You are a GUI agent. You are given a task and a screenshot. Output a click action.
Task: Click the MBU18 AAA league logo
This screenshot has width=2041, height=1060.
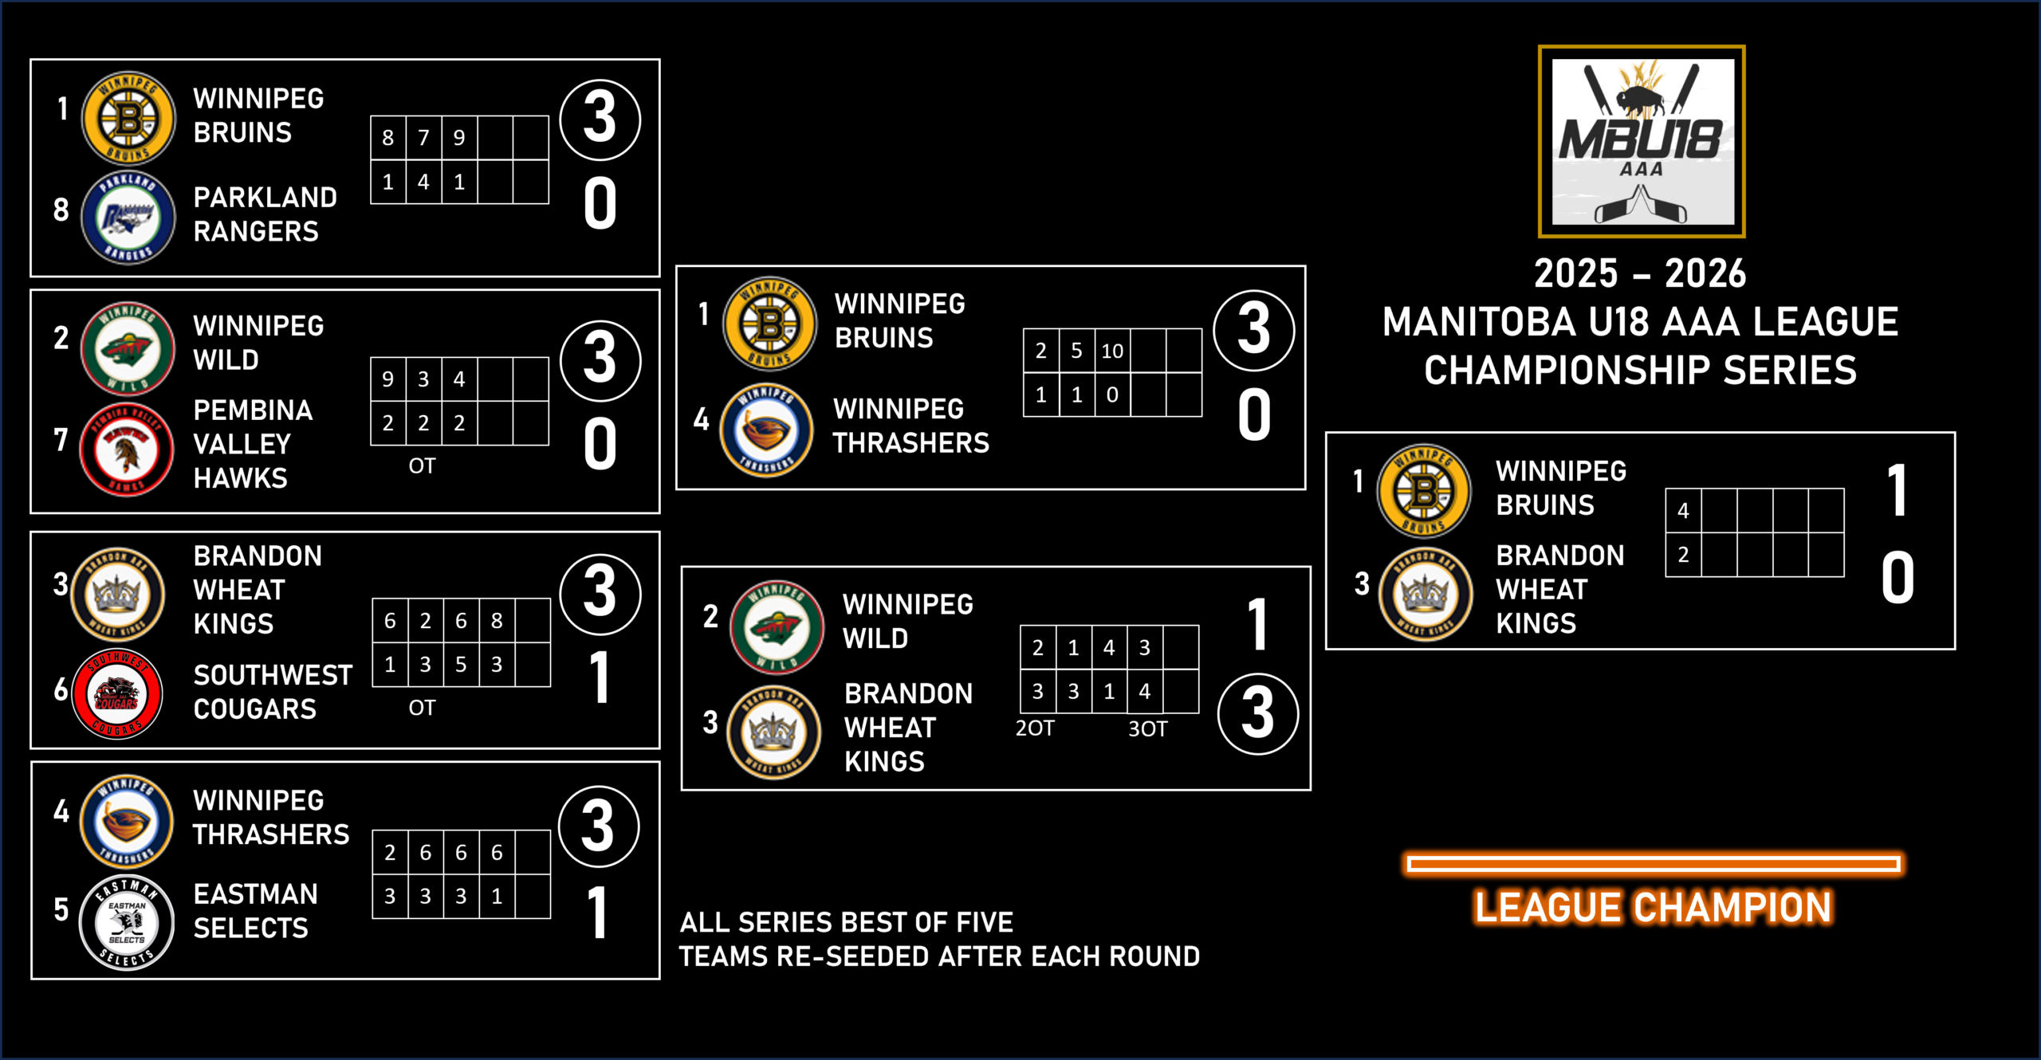(1641, 141)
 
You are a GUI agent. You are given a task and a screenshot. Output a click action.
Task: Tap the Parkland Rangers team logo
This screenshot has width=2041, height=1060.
(128, 218)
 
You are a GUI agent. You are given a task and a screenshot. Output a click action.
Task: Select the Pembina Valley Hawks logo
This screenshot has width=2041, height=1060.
(126, 450)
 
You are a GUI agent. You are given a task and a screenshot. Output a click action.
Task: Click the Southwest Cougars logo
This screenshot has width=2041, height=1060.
(117, 693)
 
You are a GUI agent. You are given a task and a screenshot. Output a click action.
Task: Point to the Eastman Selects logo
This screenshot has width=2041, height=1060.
(127, 922)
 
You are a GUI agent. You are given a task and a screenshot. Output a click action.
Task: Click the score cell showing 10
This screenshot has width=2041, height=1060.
(1112, 351)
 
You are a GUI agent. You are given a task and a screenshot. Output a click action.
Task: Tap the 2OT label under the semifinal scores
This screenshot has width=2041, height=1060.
(1035, 728)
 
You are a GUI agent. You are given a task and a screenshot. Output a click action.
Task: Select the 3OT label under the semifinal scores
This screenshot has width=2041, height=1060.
(1147, 728)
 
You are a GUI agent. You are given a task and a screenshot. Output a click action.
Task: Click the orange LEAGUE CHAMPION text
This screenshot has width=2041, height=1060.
(1653, 908)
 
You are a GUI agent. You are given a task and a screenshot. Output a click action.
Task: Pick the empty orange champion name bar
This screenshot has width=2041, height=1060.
(1654, 864)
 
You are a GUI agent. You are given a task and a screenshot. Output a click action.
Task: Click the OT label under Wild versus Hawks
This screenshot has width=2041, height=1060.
(422, 466)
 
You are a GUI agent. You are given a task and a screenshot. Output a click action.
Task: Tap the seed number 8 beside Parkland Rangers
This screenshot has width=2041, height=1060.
(61, 210)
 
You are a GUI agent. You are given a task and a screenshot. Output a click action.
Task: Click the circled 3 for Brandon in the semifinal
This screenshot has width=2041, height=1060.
(1257, 713)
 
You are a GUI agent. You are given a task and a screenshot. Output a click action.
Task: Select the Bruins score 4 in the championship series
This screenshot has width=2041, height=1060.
(1683, 511)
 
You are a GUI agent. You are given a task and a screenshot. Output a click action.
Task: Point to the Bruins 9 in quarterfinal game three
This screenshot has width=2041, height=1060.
(459, 138)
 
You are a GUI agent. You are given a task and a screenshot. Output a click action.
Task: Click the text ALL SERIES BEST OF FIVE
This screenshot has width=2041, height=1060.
(846, 922)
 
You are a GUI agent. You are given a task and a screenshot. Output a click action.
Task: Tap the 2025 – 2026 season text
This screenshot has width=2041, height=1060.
(1640, 273)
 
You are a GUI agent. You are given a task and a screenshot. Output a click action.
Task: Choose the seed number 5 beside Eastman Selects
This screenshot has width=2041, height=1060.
(61, 909)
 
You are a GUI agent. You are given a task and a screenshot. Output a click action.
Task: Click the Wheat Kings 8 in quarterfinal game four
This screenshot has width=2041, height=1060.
(497, 621)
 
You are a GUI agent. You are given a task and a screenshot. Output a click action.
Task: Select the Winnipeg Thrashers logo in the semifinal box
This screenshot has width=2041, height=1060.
(766, 430)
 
